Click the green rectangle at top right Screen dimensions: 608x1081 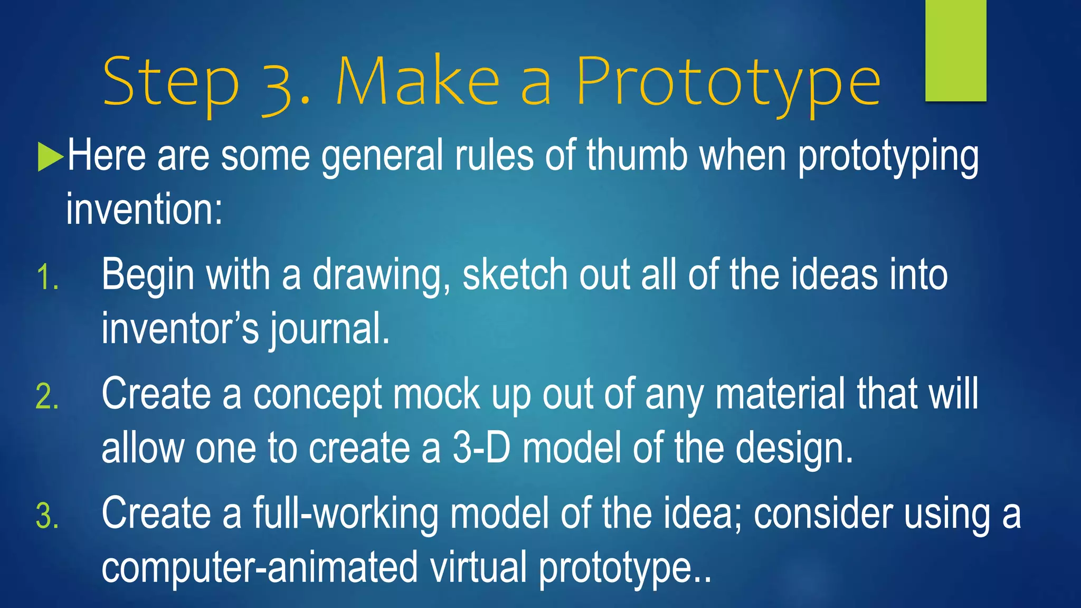click(x=955, y=50)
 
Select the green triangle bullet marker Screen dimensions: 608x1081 click(x=50, y=157)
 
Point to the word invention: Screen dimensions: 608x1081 click(x=144, y=210)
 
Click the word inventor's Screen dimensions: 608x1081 click(x=180, y=328)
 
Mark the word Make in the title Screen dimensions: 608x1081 click(x=417, y=82)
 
